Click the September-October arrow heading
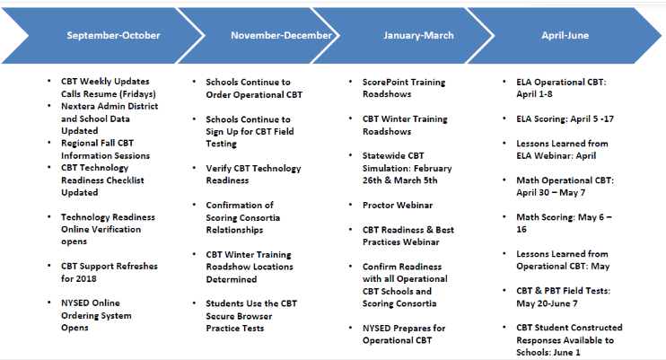pyautogui.click(x=113, y=35)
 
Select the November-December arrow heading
pyautogui.click(x=281, y=35)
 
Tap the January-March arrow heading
pyautogui.click(x=418, y=35)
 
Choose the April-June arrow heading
pyautogui.click(x=565, y=35)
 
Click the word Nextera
pyautogui.click(x=77, y=106)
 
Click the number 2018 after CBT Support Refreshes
pyautogui.click(x=86, y=279)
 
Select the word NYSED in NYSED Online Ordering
pyautogui.click(x=75, y=303)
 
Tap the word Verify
pyautogui.click(x=218, y=169)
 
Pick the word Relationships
pyautogui.click(x=234, y=230)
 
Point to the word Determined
pyautogui.click(x=232, y=279)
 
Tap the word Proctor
pyautogui.click(x=377, y=206)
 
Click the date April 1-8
pyautogui.click(x=534, y=94)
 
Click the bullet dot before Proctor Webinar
pyautogui.click(x=350, y=205)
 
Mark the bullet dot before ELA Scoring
pyautogui.click(x=504, y=119)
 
